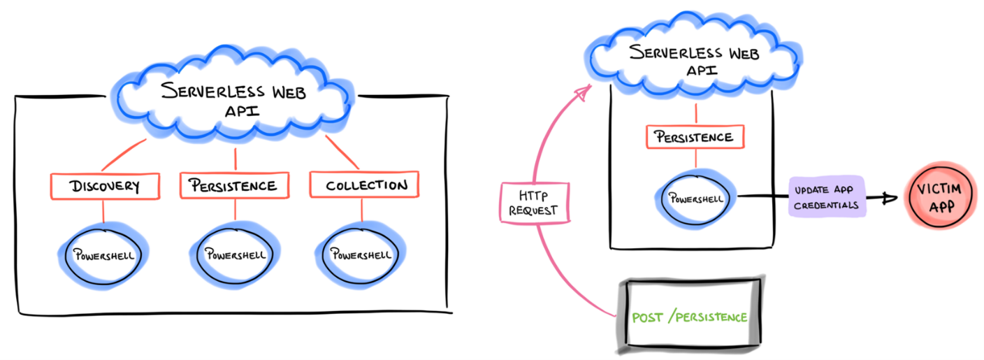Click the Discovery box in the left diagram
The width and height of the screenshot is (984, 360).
[105, 186]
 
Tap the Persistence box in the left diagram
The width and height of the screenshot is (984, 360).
[233, 186]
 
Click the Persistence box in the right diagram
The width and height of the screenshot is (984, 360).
[695, 136]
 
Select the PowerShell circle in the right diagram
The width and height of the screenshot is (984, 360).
[695, 198]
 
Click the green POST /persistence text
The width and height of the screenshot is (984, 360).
[689, 317]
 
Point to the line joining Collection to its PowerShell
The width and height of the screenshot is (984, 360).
[362, 210]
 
